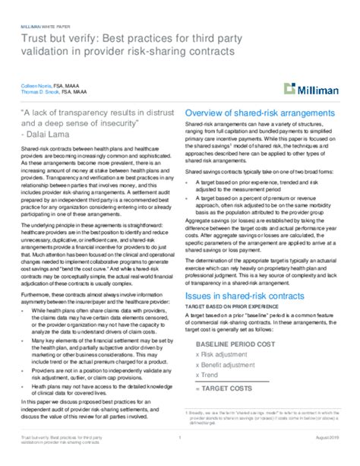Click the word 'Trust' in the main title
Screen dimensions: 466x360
pyautogui.click(x=33, y=39)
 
